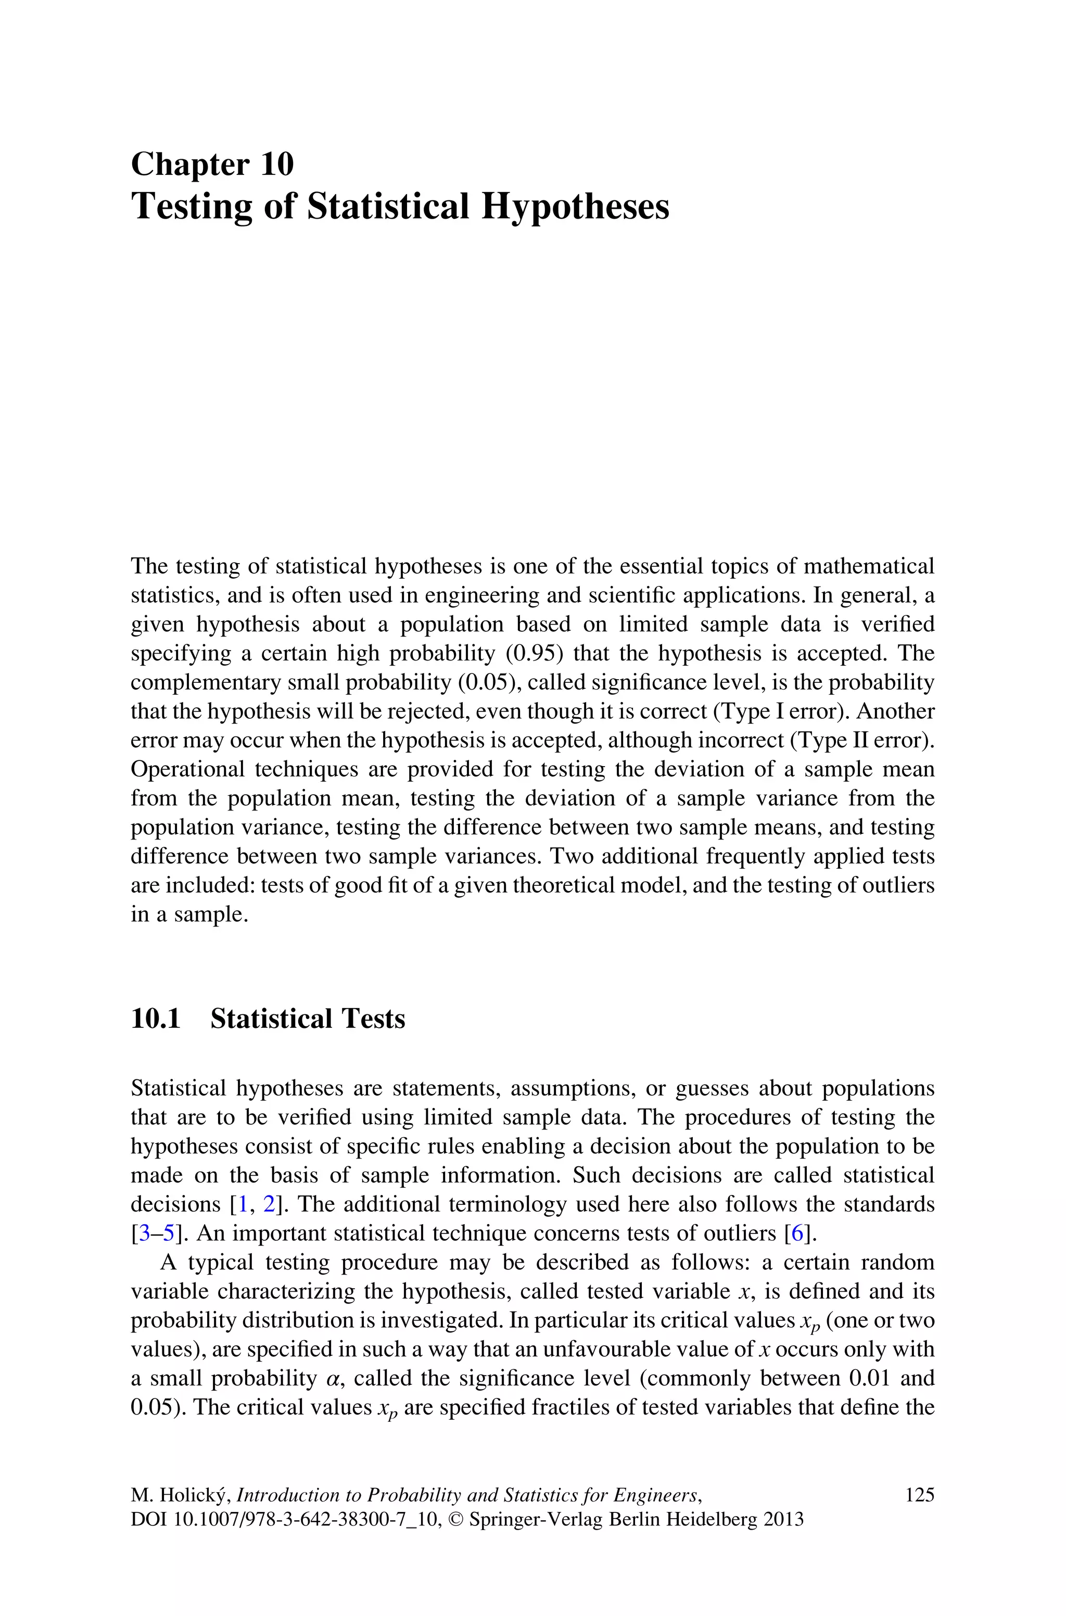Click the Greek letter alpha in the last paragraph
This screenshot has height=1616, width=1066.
click(x=332, y=1379)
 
